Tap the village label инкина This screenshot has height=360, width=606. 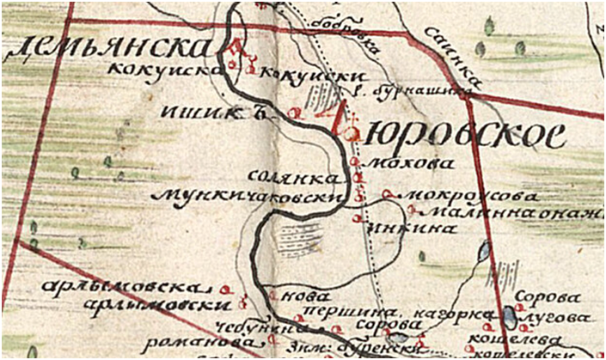[398, 229]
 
